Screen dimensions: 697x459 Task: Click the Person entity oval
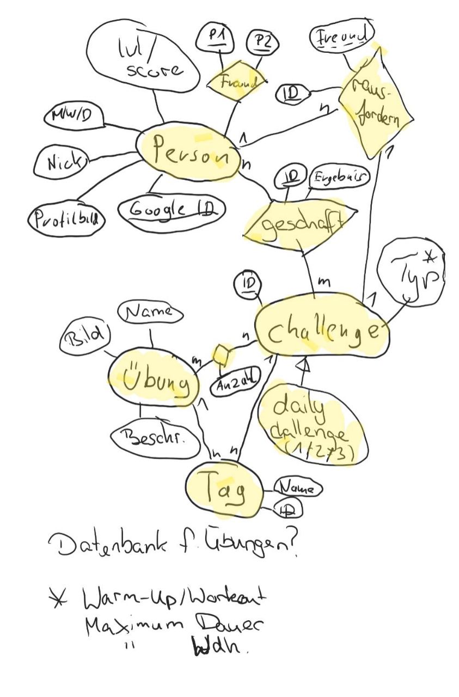(188, 152)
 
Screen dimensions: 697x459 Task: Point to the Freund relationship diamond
(236, 83)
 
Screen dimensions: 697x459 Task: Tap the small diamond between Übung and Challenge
(220, 354)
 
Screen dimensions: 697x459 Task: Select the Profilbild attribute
(66, 219)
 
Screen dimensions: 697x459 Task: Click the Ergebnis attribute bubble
(339, 178)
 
